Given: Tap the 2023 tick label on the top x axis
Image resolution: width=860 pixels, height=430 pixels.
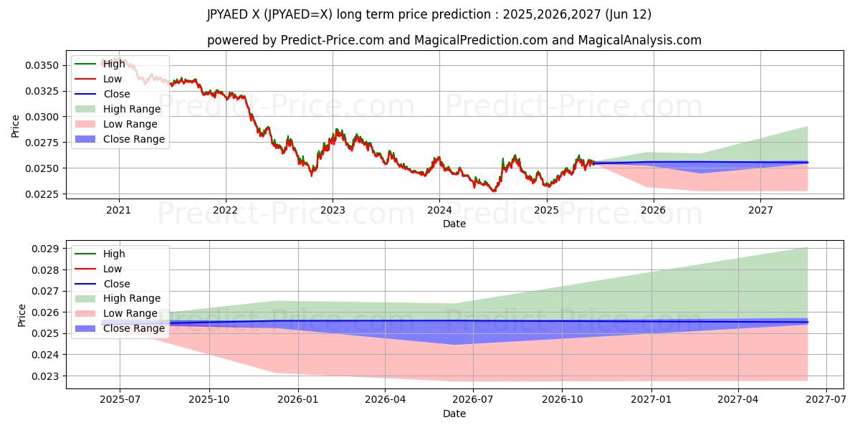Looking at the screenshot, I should coord(333,210).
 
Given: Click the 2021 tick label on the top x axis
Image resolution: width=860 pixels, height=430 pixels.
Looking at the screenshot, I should coord(118,210).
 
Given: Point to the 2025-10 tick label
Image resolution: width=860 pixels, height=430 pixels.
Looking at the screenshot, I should coord(209,400).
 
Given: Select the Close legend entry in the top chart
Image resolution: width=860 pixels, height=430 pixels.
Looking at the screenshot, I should coord(117,94).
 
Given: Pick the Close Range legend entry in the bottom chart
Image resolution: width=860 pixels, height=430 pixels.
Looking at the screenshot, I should coord(134,329).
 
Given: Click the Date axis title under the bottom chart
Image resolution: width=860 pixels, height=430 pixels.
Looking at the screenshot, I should coord(454,414).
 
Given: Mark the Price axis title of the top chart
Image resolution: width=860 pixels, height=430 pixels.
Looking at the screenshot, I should coord(16,126).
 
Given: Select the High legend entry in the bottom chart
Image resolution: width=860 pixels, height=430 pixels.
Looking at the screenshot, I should coord(114,254).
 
